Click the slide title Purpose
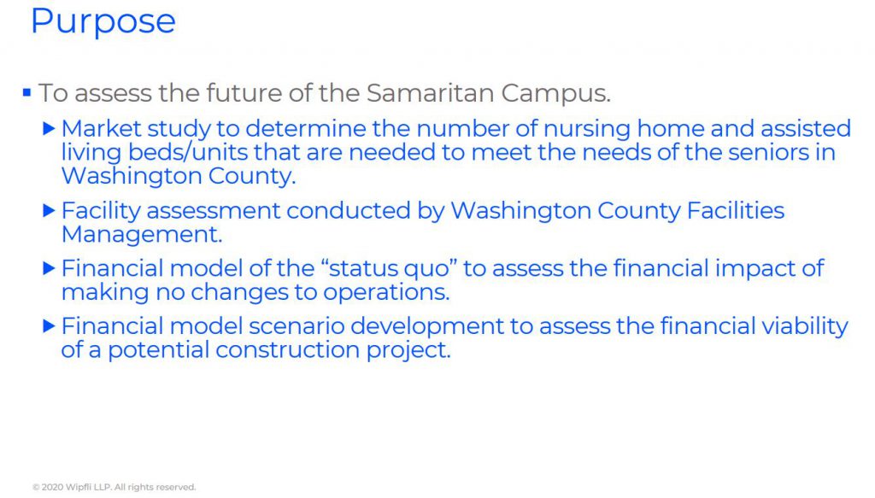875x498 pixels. pos(103,22)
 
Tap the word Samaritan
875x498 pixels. pos(431,92)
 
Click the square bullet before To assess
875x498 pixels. pos(26,92)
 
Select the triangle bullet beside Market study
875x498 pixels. pos(49,129)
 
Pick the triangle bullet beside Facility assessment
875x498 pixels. pos(49,211)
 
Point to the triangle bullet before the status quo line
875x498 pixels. pos(49,268)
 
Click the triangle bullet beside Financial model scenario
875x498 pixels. pos(49,326)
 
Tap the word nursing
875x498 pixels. pos(586,129)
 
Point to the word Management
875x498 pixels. pos(142,235)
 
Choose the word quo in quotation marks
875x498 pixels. pos(429,269)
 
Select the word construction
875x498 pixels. pos(287,350)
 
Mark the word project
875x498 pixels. pos(408,351)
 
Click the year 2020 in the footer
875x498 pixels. pos(52,488)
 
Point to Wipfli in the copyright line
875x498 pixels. pos(78,488)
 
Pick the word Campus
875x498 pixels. pos(555,93)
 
